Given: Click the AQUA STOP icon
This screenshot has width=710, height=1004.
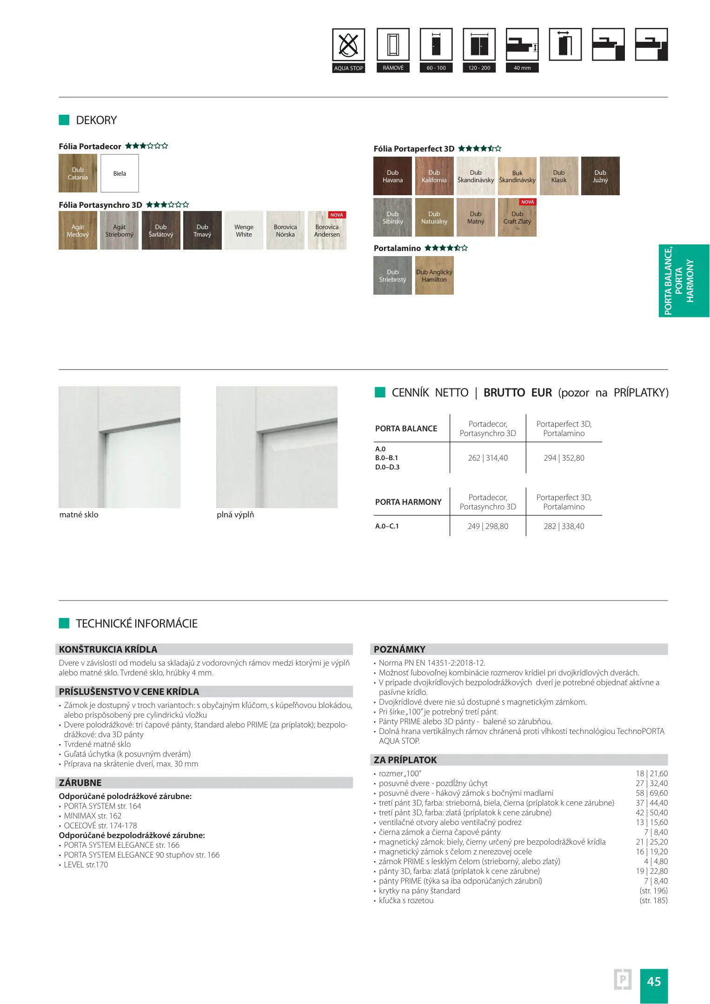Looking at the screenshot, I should (x=348, y=45).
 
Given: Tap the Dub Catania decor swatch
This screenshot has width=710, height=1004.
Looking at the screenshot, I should (x=78, y=173).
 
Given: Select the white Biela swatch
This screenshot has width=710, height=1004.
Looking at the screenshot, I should (x=119, y=173).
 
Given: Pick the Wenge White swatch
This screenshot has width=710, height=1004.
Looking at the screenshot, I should (x=244, y=231).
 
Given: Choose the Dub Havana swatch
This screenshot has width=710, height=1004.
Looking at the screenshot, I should (x=392, y=176).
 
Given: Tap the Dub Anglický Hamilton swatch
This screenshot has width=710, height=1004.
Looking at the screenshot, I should (x=434, y=276).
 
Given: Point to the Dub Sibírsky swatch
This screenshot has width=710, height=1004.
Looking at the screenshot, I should (x=392, y=218).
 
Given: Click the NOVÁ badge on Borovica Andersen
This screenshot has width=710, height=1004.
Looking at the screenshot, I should (x=337, y=215).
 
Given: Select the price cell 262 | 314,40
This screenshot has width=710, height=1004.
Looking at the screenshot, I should (x=488, y=458).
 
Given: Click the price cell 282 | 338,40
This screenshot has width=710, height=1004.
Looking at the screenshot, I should (x=564, y=526).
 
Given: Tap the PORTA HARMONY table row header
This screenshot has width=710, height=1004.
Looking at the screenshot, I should (x=408, y=502).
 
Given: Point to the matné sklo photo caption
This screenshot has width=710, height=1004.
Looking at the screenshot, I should (x=79, y=515).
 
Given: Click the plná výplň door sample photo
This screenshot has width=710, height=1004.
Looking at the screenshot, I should (x=277, y=447).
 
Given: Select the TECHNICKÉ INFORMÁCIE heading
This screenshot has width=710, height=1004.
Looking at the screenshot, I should (x=137, y=623).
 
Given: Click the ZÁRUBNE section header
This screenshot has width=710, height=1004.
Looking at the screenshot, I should (x=80, y=783).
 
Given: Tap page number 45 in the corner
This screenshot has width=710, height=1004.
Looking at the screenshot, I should (x=653, y=981).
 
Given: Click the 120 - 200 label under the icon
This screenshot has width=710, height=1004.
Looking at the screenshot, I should (x=479, y=68).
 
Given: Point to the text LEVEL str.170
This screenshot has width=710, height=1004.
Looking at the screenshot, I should (x=86, y=865).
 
